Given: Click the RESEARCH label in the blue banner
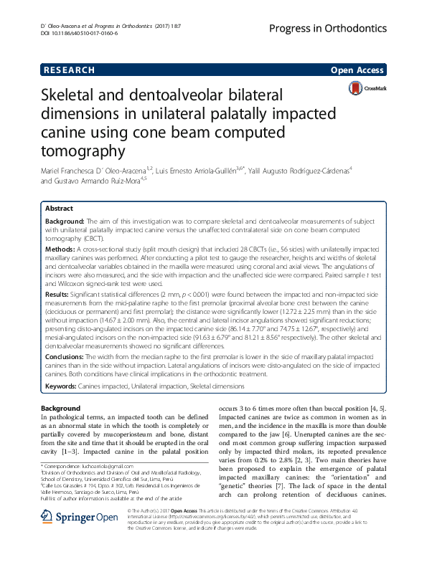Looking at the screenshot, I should tap(69, 70).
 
